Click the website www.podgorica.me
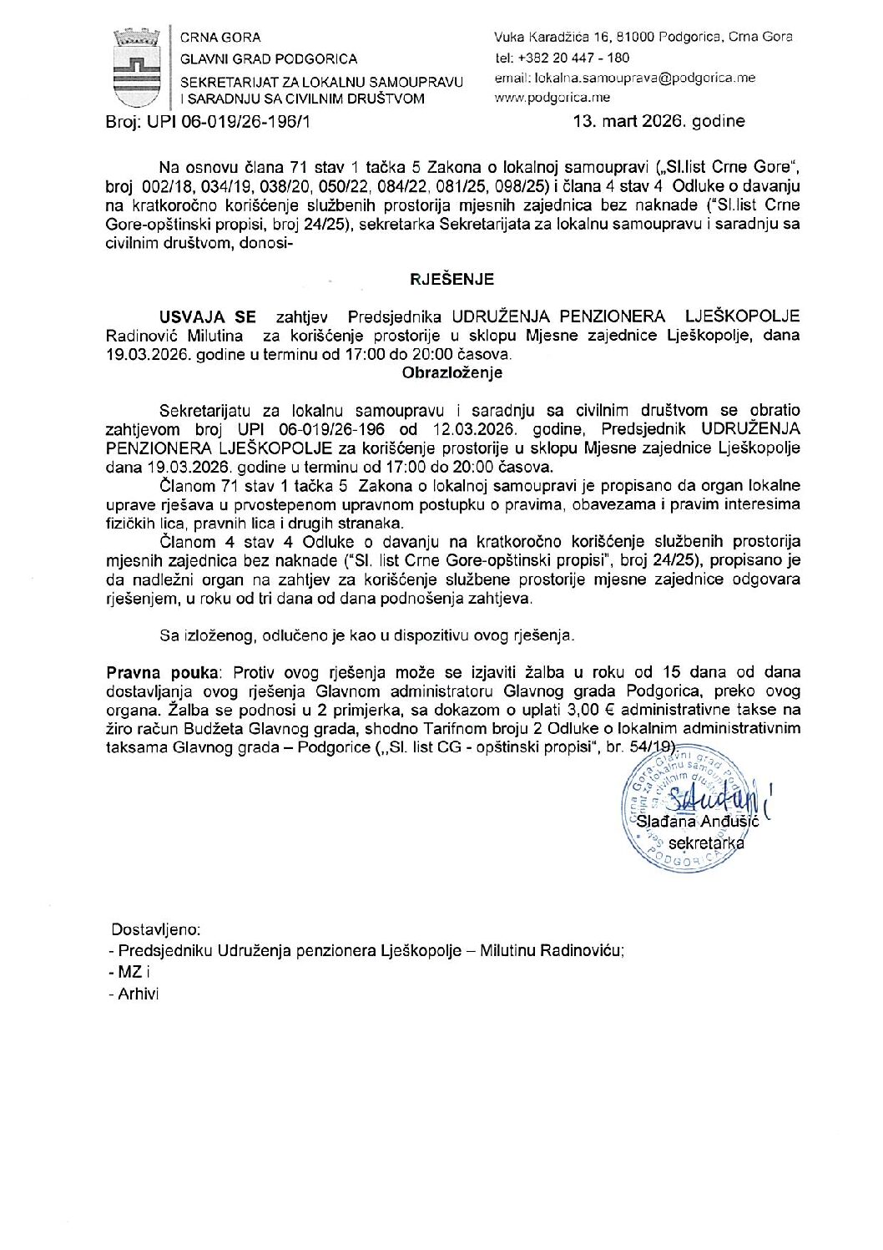coord(552,98)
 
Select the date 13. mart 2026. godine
coord(658,121)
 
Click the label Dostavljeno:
coord(155,929)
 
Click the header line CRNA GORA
coord(221,38)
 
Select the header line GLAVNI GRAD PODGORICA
coord(269,58)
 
